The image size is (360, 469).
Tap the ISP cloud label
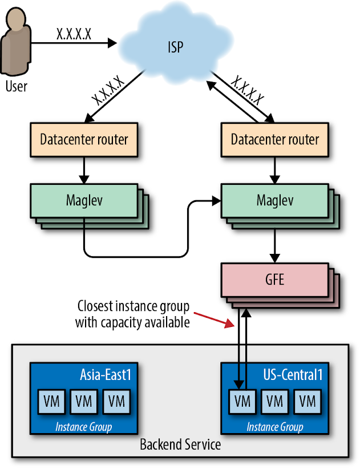coord(176,46)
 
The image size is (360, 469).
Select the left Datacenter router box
coord(84,139)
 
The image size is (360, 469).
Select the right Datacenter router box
coord(275,139)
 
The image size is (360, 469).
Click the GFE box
coord(275,280)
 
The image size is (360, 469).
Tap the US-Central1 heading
coord(289,374)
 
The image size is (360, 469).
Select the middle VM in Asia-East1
coord(84,401)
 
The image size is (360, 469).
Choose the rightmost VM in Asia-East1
coord(116,401)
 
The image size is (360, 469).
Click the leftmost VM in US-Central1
coord(242,401)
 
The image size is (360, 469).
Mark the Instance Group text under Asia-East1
coord(83,427)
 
